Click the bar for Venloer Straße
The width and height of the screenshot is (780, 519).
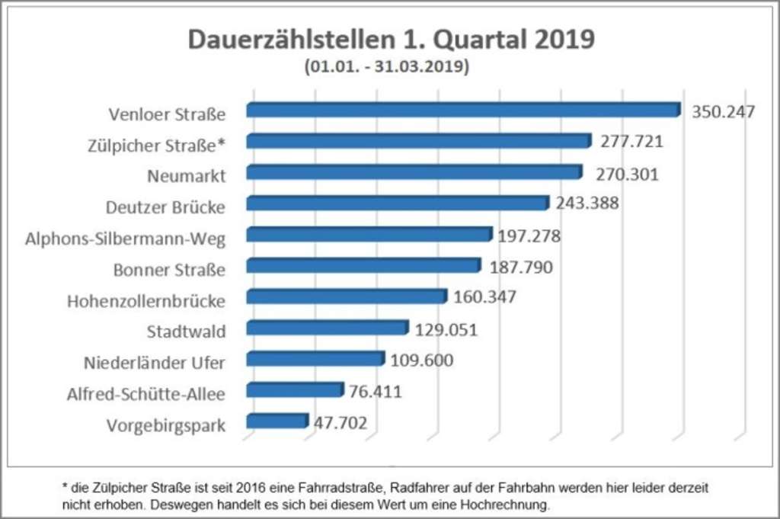click(462, 111)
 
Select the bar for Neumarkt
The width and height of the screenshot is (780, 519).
click(414, 172)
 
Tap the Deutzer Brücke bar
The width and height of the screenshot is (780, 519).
click(397, 203)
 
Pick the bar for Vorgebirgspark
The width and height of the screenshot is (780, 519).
click(277, 421)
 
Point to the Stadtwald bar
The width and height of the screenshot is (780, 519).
click(328, 328)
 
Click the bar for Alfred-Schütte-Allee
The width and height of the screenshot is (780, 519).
click(295, 390)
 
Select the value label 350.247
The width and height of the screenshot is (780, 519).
click(723, 112)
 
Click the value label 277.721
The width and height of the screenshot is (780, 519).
click(631, 143)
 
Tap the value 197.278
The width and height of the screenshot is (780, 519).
click(529, 236)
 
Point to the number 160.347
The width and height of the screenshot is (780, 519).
click(484, 297)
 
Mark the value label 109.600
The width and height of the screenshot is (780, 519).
click(421, 360)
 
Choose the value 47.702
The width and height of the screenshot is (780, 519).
click(340, 422)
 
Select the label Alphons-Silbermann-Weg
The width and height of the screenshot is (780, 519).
click(126, 239)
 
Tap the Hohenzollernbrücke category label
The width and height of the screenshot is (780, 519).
click(146, 301)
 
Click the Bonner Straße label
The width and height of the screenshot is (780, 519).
click(169, 270)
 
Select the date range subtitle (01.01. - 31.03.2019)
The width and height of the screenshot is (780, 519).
click(387, 67)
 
